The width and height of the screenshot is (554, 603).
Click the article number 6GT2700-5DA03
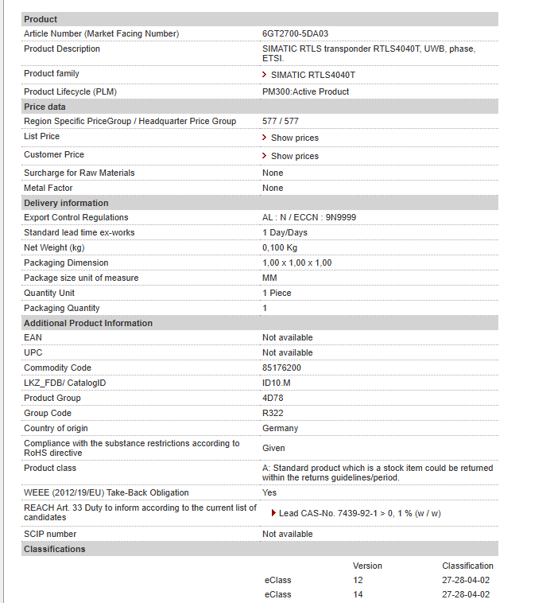295,33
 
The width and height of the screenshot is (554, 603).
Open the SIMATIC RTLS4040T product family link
312,75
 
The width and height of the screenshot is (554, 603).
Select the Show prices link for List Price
294,138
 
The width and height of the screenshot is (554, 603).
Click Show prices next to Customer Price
294,156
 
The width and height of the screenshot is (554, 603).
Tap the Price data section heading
45,107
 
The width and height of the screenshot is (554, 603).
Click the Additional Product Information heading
87,323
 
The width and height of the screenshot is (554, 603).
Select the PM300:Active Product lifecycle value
305,91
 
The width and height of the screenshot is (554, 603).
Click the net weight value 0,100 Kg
280,247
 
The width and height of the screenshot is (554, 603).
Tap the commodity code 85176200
281,368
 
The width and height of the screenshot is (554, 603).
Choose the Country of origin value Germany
280,428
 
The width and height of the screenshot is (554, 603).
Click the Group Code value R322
273,413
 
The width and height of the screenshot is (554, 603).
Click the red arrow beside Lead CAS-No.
273,513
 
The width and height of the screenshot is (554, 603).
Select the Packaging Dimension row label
66,263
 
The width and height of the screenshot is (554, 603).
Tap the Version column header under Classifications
367,566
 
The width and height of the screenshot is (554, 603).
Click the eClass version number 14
358,594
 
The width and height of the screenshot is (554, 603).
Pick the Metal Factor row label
48,188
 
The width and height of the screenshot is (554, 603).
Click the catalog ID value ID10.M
277,383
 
